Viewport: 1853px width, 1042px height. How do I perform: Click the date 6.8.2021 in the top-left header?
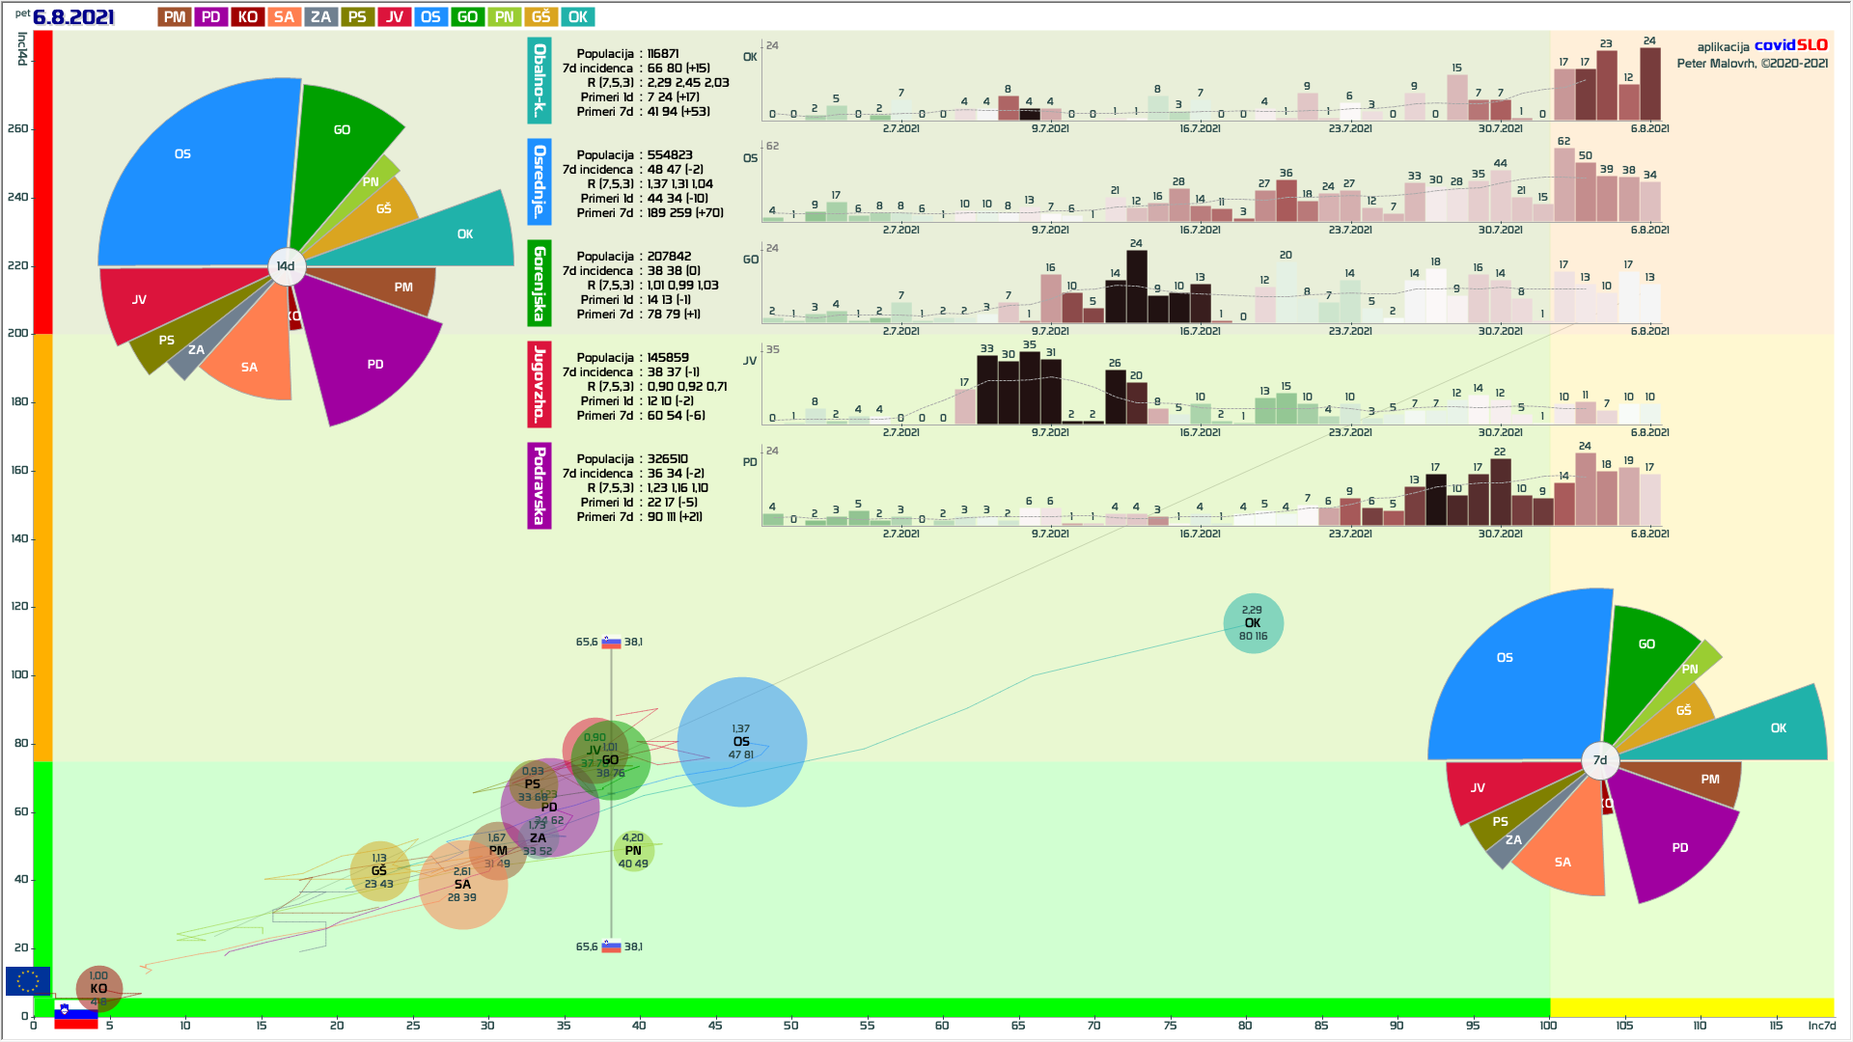(x=73, y=17)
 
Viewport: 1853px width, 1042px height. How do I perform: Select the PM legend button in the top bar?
(x=175, y=17)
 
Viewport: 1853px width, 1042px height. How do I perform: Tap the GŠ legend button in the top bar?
(x=541, y=17)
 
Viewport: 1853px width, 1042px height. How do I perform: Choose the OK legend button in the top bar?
(x=578, y=17)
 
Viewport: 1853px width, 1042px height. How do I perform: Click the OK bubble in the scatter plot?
(x=1253, y=623)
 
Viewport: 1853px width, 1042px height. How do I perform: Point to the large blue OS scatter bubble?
(x=741, y=742)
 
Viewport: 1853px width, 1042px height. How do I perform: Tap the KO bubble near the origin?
(x=98, y=989)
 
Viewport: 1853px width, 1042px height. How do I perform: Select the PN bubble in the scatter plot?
(x=633, y=851)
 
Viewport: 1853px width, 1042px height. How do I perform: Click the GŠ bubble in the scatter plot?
(x=379, y=871)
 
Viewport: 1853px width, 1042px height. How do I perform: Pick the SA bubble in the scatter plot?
(x=462, y=885)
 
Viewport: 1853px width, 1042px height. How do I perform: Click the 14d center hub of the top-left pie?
(x=286, y=266)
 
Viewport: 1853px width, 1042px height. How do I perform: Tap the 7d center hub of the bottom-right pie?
(x=1599, y=760)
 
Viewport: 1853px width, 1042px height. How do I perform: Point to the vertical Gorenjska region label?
(x=539, y=283)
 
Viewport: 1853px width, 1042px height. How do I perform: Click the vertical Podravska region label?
(x=539, y=485)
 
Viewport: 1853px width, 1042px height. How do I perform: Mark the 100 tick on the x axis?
(x=1548, y=1025)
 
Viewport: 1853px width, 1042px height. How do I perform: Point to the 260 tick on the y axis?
(x=18, y=128)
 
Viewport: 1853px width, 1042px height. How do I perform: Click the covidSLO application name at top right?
(x=1790, y=45)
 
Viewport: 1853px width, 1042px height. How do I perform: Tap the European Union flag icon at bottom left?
(x=28, y=981)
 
